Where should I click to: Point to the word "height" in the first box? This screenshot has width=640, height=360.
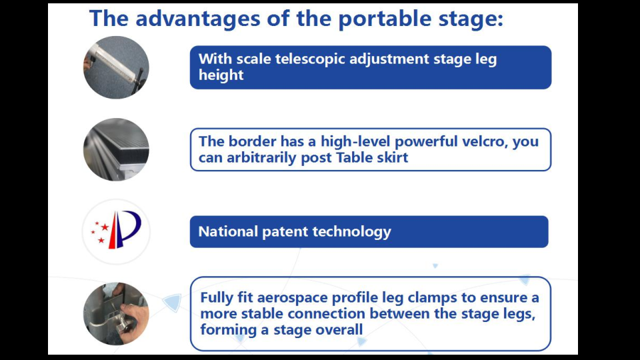[221, 75]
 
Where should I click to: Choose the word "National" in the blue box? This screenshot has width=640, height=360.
[228, 231]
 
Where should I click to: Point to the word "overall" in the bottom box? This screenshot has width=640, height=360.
[339, 330]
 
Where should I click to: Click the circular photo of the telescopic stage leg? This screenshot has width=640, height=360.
[116, 67]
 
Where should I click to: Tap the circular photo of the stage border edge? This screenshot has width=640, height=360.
[116, 149]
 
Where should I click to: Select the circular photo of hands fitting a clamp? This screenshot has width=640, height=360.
[116, 314]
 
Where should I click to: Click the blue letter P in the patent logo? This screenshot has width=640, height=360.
[129, 227]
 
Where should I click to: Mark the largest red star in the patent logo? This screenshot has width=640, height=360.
[105, 227]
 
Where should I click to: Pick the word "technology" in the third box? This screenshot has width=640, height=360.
[352, 232]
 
